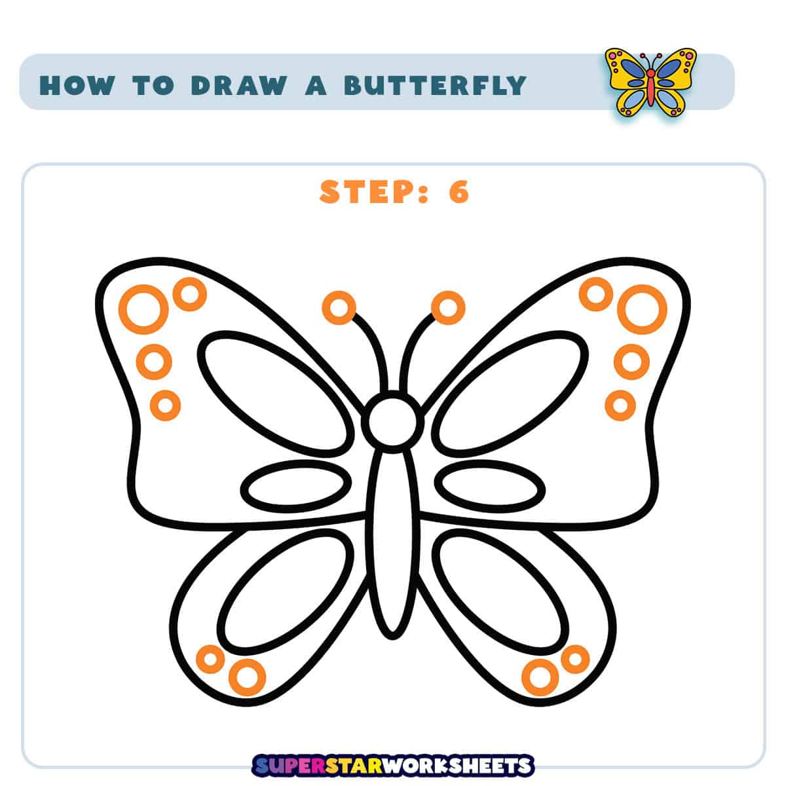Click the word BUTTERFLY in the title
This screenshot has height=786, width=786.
pyautogui.click(x=435, y=85)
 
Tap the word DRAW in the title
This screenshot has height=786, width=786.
pyautogui.click(x=238, y=85)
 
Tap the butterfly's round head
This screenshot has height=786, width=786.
pyautogui.click(x=392, y=422)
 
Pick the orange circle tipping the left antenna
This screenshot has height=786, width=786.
pyautogui.click(x=339, y=308)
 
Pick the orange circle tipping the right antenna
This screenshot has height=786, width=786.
pyautogui.click(x=448, y=308)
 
